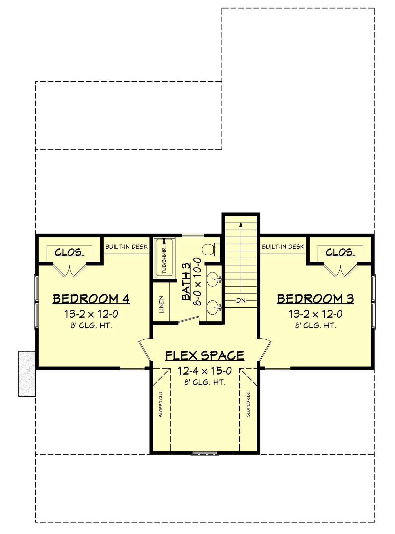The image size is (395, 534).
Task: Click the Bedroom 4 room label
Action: point(91,299)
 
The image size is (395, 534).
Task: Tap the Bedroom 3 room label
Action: point(316,299)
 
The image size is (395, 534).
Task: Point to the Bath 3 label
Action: point(186,281)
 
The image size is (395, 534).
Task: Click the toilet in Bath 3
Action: point(210,250)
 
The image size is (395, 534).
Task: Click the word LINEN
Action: point(162,305)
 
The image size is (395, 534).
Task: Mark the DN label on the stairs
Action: point(241,301)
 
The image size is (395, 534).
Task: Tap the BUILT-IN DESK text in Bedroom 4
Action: point(126,247)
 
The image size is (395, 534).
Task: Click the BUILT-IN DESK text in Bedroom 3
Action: point(283,247)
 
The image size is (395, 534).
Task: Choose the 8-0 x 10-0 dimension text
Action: point(198,281)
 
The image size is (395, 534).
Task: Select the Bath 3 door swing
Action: point(188,319)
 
